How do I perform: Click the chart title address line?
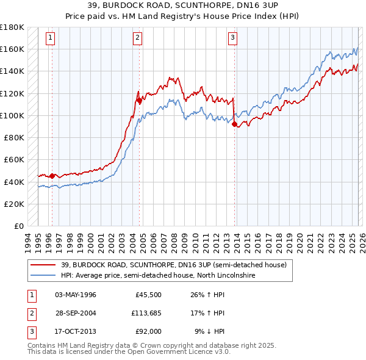click(182, 5)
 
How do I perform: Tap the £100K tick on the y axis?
click(12, 115)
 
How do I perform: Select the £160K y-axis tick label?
click(12, 49)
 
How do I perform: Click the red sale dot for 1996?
click(52, 176)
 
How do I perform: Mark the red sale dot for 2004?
click(139, 101)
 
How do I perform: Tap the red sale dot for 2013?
click(235, 124)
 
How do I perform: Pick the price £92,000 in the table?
click(148, 331)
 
